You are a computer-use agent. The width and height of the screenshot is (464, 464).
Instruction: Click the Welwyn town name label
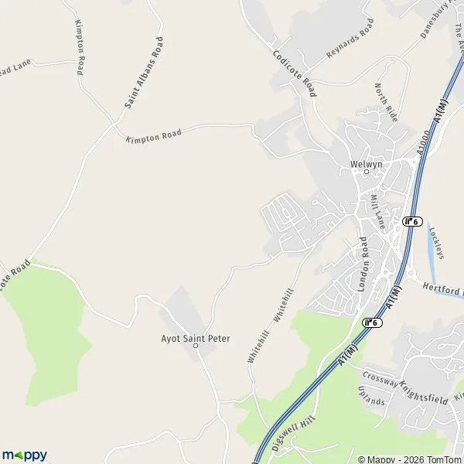367,164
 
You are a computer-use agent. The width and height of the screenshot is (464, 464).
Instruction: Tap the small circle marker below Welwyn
367,172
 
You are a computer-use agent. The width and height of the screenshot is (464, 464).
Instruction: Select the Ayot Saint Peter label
191,337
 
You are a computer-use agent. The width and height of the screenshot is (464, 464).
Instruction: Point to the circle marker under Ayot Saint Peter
196,346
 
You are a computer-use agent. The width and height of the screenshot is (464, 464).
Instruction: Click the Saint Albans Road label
145,72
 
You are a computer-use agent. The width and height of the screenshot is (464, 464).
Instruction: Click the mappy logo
25,455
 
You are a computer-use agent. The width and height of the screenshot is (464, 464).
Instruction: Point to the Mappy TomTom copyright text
408,458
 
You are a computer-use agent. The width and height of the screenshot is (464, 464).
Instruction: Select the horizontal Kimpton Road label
153,135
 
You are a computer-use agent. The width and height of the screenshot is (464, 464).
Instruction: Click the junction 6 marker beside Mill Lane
412,221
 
